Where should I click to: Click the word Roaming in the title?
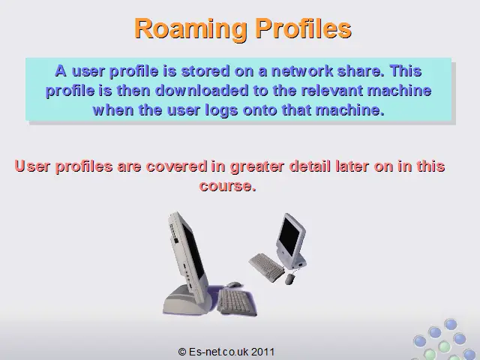(x=190, y=28)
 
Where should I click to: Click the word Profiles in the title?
(x=303, y=28)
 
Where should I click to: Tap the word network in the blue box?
(x=302, y=70)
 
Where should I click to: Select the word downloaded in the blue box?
(x=202, y=90)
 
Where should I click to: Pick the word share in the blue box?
(x=361, y=70)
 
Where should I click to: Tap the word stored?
(x=205, y=70)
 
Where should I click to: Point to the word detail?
(x=310, y=166)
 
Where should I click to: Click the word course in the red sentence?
(x=227, y=186)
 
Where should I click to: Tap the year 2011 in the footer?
(x=262, y=352)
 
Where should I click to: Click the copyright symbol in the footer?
(x=182, y=352)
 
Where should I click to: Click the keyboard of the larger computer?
(x=236, y=302)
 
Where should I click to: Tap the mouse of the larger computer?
(x=234, y=285)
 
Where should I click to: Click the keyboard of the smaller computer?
(x=267, y=267)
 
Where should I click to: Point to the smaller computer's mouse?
(x=290, y=279)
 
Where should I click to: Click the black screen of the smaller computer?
(x=289, y=235)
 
